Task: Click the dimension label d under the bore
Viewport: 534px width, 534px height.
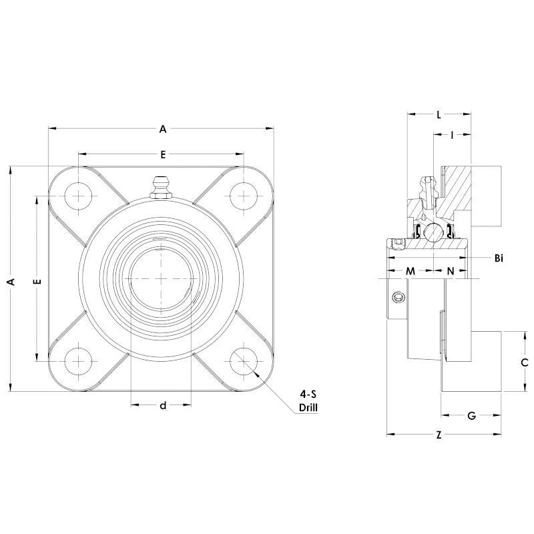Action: coord(162,405)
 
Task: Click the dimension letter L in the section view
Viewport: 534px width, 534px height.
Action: coord(439,114)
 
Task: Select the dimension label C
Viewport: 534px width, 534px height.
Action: coord(525,362)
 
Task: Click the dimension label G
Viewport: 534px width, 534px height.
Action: coord(471,416)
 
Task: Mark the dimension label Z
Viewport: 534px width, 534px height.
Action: coord(439,435)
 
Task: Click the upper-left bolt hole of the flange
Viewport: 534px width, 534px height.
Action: coord(79,195)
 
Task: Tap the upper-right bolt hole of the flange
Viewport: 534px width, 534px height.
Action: coord(244,195)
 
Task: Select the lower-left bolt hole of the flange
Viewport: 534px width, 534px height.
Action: coord(79,361)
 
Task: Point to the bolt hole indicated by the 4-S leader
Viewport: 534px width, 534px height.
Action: coord(244,361)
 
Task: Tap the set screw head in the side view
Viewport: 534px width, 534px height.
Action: coord(399,298)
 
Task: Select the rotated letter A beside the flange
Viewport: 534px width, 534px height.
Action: coord(10,282)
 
